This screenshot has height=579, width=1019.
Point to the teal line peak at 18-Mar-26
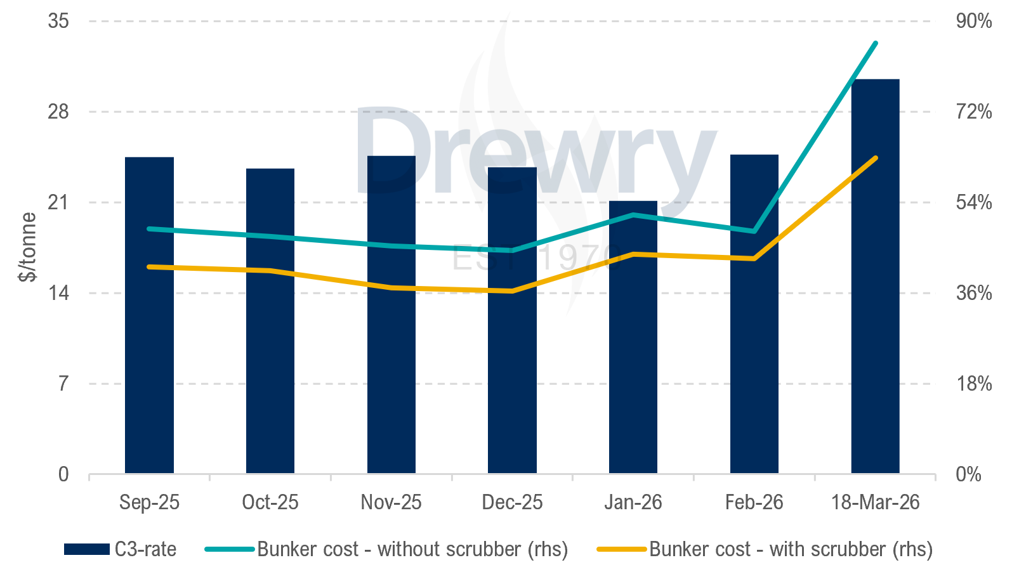click(876, 43)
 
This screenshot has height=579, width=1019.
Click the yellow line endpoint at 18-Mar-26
click(876, 158)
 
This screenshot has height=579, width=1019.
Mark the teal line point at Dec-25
click(513, 250)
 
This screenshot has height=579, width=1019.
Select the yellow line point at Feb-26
click(754, 259)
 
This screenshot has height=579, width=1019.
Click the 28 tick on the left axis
click(58, 112)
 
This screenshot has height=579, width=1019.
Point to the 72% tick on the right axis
click(973, 112)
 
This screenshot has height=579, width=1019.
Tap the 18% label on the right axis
click(973, 384)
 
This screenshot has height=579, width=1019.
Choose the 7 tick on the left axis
click(63, 384)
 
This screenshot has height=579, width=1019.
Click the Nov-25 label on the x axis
click(391, 502)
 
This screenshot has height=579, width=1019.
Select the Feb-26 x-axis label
click(754, 502)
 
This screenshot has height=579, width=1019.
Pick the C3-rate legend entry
click(121, 549)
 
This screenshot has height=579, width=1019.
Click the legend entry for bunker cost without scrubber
click(387, 549)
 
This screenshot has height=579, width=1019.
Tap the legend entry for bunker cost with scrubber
click(765, 549)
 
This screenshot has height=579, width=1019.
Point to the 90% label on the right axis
click(973, 21)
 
